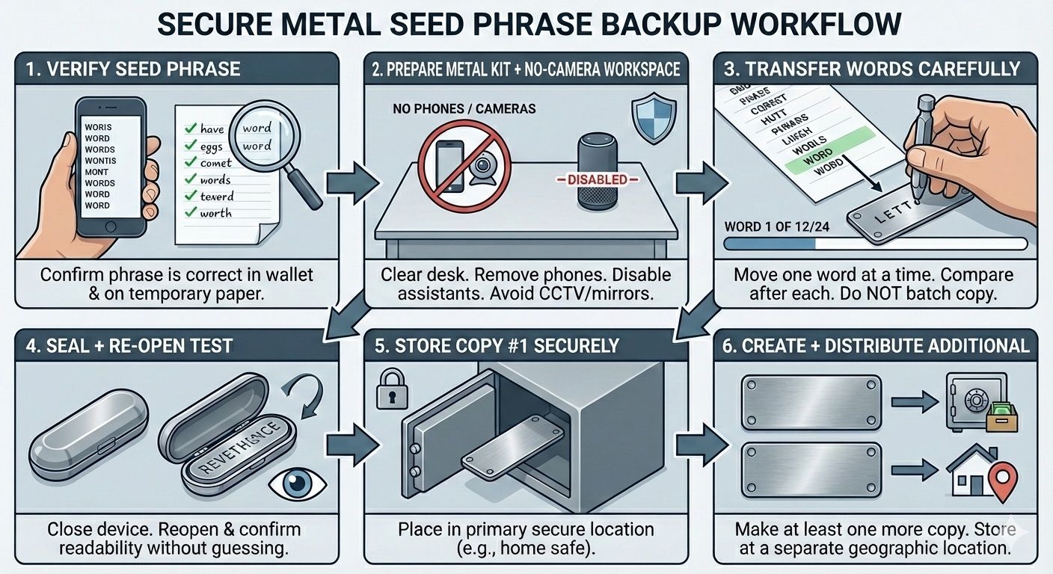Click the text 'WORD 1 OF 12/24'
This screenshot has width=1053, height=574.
(776, 226)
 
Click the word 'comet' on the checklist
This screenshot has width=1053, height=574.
(216, 162)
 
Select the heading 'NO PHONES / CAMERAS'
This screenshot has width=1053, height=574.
(464, 109)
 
